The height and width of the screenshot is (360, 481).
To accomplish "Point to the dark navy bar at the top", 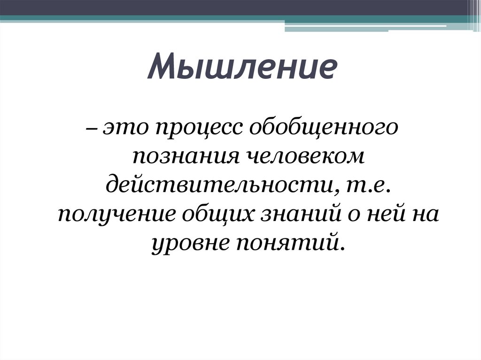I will pos(235,8).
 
